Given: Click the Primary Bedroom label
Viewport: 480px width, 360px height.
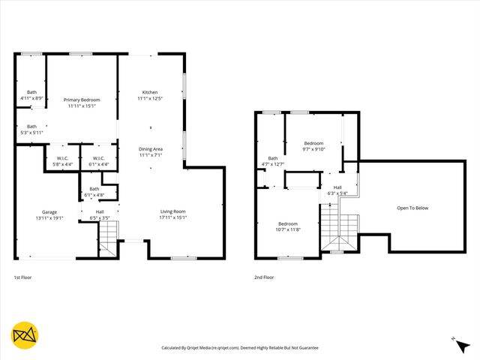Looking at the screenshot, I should click(81, 100).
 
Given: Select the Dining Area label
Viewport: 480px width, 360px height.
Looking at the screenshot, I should click(150, 149).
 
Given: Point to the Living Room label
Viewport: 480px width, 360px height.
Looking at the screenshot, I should click(172, 211).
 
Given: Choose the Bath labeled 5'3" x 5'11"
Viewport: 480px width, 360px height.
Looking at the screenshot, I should click(31, 127).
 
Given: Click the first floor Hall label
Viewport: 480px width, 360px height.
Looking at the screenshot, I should click(100, 211).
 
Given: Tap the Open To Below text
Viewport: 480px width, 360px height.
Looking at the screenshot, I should click(412, 208).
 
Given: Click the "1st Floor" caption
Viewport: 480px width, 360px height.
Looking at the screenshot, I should click(22, 277).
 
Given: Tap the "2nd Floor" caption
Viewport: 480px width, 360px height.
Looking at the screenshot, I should click(263, 277).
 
